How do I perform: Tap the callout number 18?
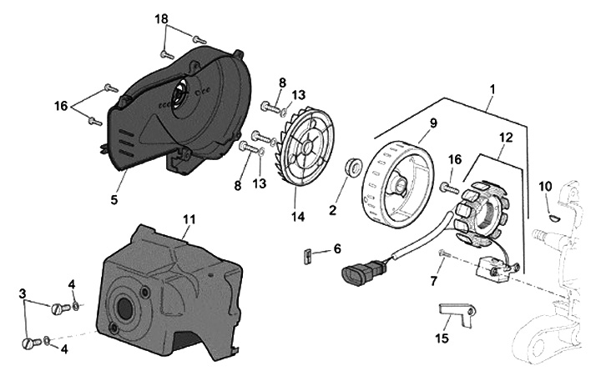[x=161, y=18]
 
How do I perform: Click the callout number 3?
[x=23, y=293]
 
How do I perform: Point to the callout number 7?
[x=433, y=282]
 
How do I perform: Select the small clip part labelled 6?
[x=306, y=253]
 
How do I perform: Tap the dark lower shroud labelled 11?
[x=167, y=292]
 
